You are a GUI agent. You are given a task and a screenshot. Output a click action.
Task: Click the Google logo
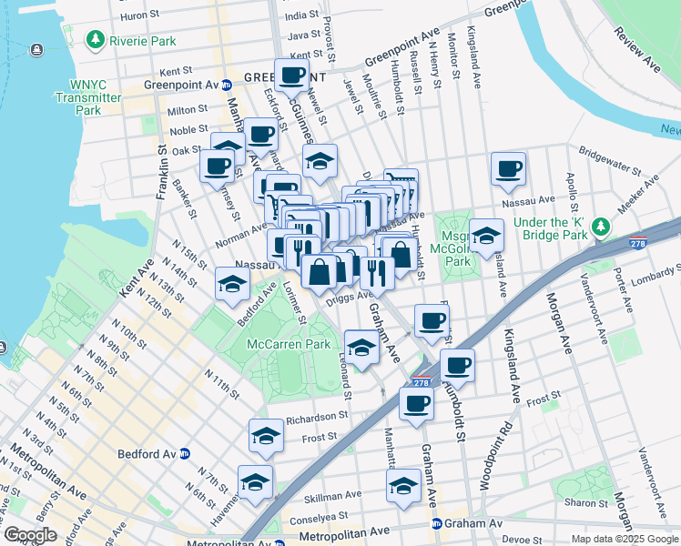30,535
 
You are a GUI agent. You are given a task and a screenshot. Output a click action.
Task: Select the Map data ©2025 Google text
624,539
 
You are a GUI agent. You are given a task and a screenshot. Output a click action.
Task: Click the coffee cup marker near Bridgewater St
508,167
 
